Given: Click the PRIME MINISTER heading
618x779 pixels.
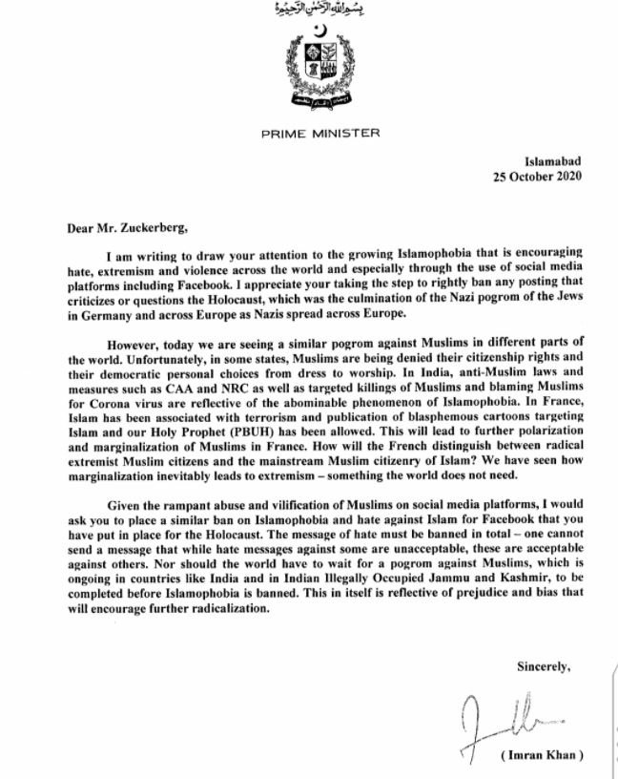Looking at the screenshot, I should point(309,134).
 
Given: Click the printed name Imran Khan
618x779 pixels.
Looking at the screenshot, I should point(539,757).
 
